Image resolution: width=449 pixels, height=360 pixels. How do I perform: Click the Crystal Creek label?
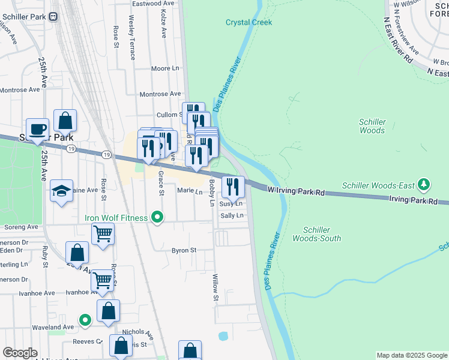click(249, 22)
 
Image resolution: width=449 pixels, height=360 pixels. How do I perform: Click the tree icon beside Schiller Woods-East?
click(424, 184)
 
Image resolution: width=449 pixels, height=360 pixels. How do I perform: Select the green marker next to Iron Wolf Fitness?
click(157, 217)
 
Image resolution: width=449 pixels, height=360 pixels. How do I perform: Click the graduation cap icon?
click(61, 190)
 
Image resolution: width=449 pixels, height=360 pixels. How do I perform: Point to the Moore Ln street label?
click(165, 69)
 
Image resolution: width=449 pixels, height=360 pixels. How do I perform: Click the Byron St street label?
click(184, 250)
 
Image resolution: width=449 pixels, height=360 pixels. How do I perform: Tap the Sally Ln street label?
click(232, 215)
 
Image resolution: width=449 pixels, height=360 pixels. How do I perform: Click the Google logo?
click(20, 353)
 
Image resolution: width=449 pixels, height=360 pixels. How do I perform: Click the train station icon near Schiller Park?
click(53, 16)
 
